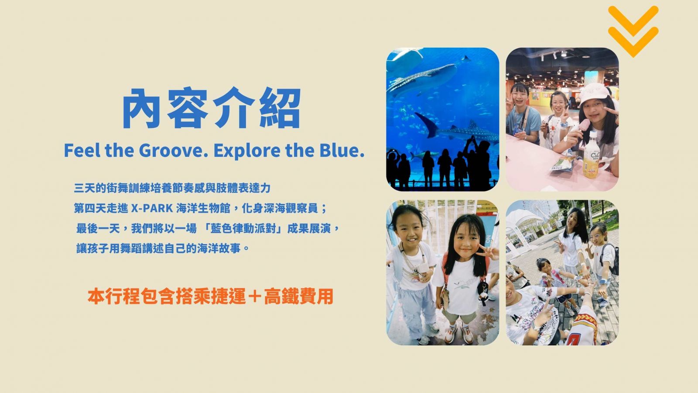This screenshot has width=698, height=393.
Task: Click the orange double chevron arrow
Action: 633,31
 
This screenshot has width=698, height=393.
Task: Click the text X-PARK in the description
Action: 152,208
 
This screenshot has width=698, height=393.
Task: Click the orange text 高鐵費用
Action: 298,296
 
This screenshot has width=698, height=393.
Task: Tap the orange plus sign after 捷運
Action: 255,296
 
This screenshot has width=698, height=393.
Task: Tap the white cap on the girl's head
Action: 594,93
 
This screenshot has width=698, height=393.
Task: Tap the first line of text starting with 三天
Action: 172,188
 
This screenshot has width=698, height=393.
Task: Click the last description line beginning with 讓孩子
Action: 163,248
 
